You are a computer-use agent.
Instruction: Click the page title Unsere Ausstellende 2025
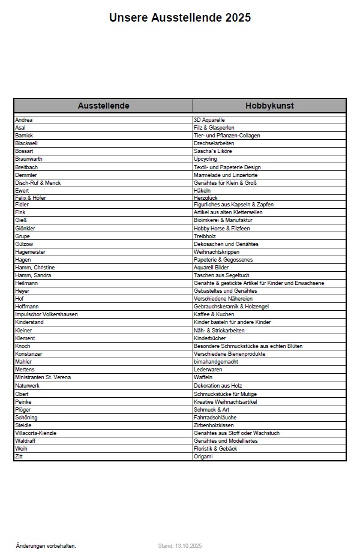[180, 18]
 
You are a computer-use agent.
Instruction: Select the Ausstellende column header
[103, 106]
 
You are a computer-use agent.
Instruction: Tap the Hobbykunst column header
[269, 106]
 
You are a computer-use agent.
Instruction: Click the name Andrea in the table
[24, 120]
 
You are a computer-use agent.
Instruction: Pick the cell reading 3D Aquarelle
[209, 120]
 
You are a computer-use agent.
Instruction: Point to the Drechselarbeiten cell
[214, 143]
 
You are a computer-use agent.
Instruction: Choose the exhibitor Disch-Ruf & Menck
[38, 182]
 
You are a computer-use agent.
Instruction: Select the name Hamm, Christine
[35, 268]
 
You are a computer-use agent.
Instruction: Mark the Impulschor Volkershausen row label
[46, 314]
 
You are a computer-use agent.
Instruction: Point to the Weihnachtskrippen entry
[217, 252]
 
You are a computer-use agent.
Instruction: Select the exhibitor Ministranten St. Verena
[43, 377]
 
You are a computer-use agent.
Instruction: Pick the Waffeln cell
[203, 377]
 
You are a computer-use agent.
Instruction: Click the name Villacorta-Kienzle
[36, 433]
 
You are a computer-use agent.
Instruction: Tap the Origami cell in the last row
[203, 457]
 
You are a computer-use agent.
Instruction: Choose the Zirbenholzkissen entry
[214, 425]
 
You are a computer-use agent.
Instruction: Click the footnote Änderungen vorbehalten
[46, 546]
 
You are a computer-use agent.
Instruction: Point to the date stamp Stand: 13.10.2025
[180, 546]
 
